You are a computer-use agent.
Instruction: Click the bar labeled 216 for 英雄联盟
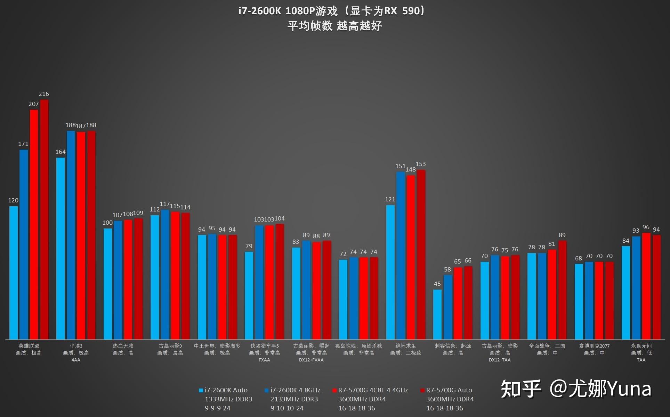click(44, 219)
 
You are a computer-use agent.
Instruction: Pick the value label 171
click(23, 144)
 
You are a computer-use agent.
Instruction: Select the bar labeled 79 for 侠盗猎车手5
click(249, 295)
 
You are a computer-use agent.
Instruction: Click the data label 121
click(390, 199)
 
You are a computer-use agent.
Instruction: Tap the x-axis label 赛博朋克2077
click(594, 346)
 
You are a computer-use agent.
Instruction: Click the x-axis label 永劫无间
click(641, 346)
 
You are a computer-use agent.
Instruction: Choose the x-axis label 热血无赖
click(123, 346)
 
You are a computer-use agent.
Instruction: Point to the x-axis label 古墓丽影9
click(170, 346)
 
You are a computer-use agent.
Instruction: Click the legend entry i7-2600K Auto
click(226, 390)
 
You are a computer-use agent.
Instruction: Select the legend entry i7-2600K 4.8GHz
click(295, 390)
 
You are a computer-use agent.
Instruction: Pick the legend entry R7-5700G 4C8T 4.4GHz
click(372, 390)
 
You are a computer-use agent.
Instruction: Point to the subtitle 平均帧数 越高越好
click(334, 26)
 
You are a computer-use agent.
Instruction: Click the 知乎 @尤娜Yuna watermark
click(576, 389)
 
